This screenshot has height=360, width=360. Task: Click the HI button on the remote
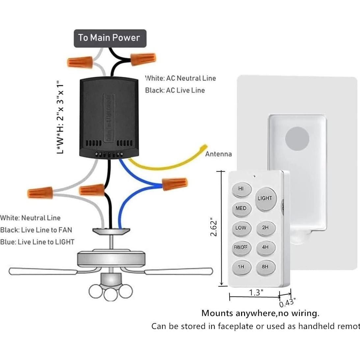(x=241, y=189)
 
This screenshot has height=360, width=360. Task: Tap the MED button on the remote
(x=241, y=208)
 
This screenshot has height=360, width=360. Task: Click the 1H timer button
(x=241, y=267)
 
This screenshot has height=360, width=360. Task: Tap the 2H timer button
(x=265, y=228)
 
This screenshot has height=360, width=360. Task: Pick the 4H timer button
(x=265, y=247)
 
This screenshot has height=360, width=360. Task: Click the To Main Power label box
(x=109, y=38)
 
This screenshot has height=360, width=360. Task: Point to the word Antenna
(x=218, y=154)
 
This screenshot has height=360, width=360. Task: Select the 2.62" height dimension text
(x=214, y=227)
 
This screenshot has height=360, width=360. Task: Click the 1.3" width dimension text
(x=256, y=292)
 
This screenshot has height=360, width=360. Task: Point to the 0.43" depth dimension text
(x=287, y=302)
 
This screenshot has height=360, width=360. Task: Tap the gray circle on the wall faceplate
(x=297, y=139)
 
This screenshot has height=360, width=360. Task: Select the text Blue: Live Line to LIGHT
(x=37, y=242)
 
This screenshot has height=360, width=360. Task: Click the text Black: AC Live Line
(x=175, y=90)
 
